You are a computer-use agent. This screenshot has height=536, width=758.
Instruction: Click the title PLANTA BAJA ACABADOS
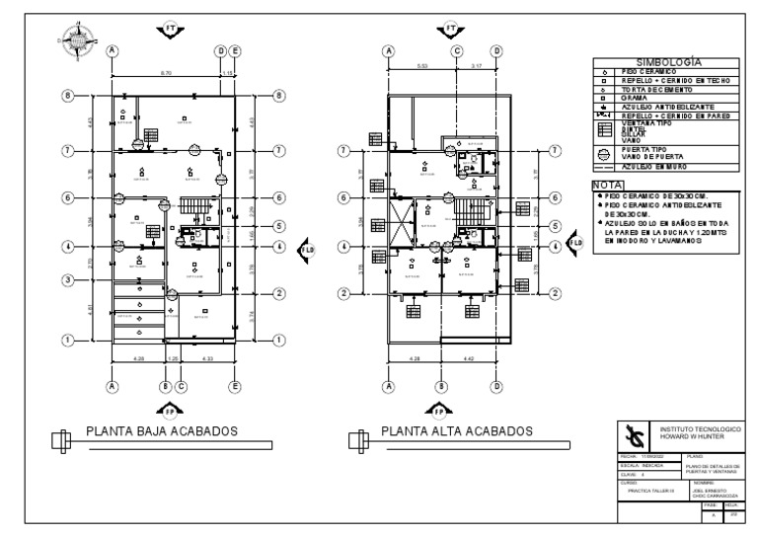coord(159,430)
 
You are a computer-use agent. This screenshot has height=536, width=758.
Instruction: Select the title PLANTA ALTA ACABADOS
coord(456,430)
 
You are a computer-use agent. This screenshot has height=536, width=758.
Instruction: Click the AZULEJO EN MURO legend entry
coord(651,169)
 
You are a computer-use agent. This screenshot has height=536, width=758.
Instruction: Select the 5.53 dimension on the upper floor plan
coord(423,66)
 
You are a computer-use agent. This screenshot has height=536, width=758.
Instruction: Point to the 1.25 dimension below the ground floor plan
coord(174,358)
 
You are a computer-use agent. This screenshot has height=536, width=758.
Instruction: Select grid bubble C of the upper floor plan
coord(457,50)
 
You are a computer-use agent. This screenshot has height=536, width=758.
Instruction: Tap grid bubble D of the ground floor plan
coord(220,50)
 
